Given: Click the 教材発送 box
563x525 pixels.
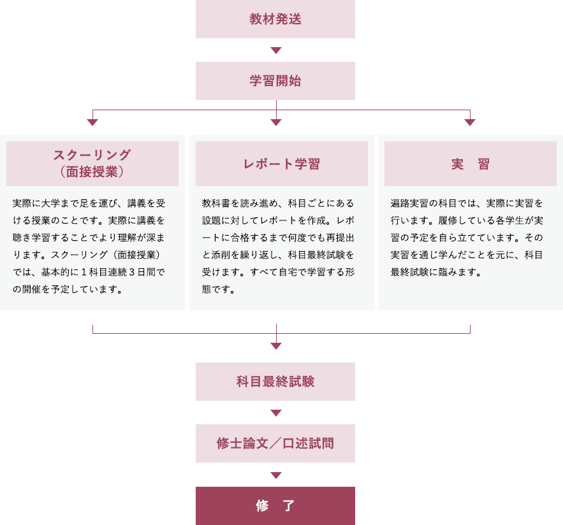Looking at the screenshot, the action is point(275,19).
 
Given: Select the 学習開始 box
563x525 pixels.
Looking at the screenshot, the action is point(275,81).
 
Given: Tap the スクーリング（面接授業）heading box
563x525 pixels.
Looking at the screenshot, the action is point(92,164).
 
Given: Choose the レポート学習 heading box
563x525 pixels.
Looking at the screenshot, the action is point(282,164).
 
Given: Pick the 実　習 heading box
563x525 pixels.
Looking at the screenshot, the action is point(471,164).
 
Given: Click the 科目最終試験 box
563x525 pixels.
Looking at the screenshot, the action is point(275,382).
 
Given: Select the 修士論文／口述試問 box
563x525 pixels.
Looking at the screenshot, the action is point(275,443).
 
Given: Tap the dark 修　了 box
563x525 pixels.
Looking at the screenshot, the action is point(275,506).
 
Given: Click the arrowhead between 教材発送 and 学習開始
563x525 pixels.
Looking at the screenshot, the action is point(276,50).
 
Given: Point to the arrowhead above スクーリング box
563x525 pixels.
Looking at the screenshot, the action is point(92,122).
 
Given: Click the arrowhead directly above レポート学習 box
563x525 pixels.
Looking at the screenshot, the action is point(276,122).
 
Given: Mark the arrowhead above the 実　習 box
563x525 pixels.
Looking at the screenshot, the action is point(470,122).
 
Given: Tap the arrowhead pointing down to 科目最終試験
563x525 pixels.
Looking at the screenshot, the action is point(276,346).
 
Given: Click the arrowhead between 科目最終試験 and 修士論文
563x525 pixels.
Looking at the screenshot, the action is point(276,413).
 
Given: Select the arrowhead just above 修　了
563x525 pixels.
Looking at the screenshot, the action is point(276,475).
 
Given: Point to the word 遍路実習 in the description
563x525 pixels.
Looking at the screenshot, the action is point(410,203).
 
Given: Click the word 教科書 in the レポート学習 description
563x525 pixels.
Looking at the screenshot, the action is point(216,203).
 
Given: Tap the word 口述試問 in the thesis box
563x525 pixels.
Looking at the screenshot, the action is point(308,443).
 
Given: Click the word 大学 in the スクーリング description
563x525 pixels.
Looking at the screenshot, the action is point(50,203).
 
